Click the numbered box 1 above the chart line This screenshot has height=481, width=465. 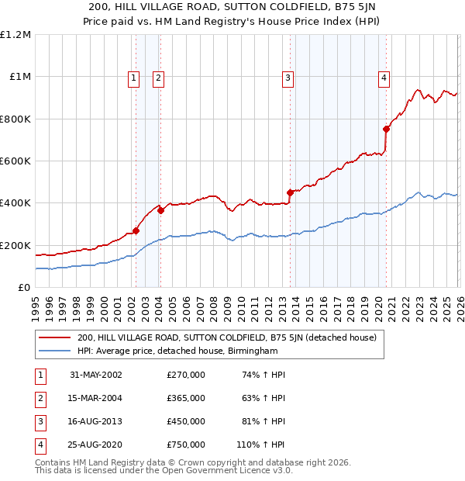pyautogui.click(x=133, y=77)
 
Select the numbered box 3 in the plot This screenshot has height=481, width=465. pyautogui.click(x=288, y=77)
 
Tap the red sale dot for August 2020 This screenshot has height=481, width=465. pyautogui.click(x=386, y=130)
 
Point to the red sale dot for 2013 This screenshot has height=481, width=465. pyautogui.click(x=290, y=192)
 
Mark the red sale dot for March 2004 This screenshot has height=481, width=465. pyautogui.click(x=160, y=210)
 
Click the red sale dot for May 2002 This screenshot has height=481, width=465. pyautogui.click(x=136, y=230)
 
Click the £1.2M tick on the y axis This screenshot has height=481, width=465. pyautogui.click(x=15, y=35)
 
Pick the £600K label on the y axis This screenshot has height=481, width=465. pyautogui.click(x=15, y=161)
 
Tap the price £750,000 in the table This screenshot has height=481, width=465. pyautogui.click(x=186, y=445)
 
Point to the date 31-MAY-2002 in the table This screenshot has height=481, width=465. pyautogui.click(x=96, y=375)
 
